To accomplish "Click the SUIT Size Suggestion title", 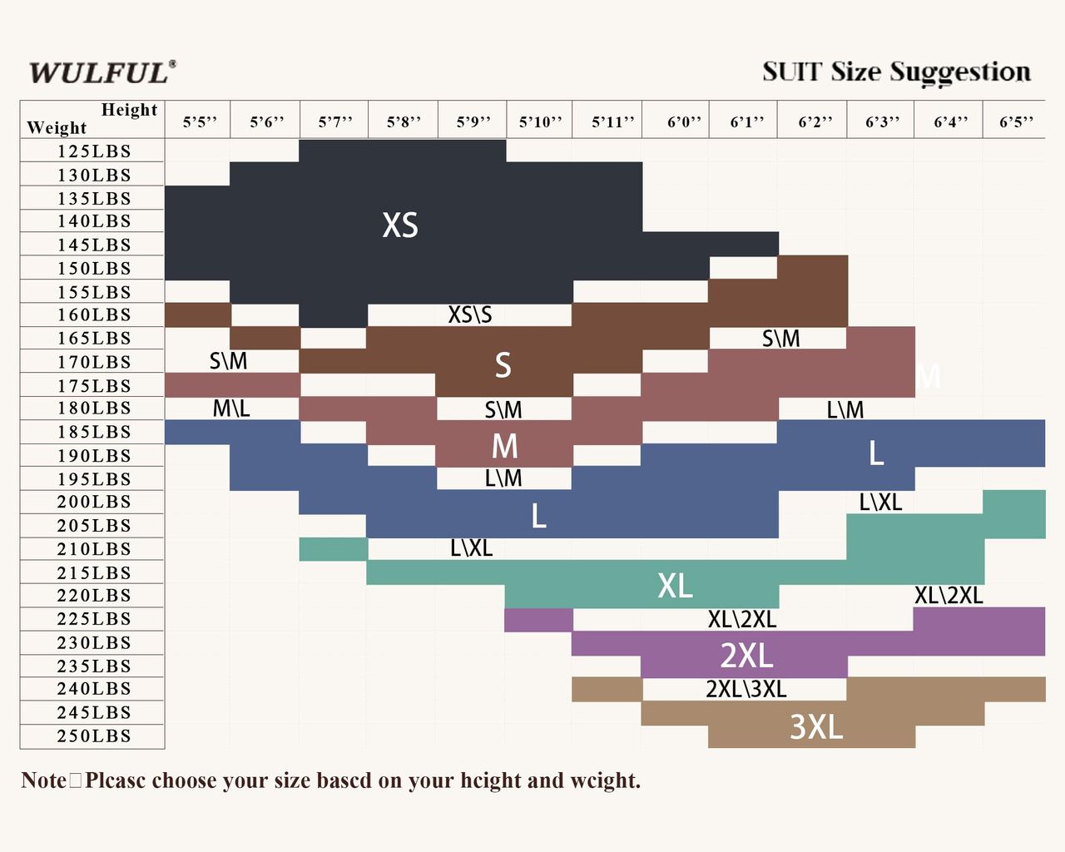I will click(x=896, y=72).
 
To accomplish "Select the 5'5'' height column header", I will click(x=200, y=122).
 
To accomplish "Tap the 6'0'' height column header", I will click(x=684, y=122).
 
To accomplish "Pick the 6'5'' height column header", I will click(x=1016, y=122).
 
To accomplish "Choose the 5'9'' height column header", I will click(x=473, y=122).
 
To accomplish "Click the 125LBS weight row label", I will click(x=94, y=151).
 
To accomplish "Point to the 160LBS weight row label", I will click(x=94, y=315).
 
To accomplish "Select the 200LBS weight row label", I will click(x=94, y=502).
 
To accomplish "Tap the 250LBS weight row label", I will click(x=94, y=736).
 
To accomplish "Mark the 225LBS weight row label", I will click(x=94, y=619).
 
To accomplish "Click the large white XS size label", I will click(x=400, y=225).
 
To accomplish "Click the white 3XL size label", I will click(x=815, y=727).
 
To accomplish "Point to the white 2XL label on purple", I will click(x=746, y=656).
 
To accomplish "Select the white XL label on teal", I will click(x=675, y=586).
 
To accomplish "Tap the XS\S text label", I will click(x=470, y=315).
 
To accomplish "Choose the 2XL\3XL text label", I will click(x=745, y=689).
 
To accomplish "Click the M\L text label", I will click(x=231, y=409).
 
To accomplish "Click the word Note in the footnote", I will click(x=43, y=780).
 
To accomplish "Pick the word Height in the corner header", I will click(x=129, y=110).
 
